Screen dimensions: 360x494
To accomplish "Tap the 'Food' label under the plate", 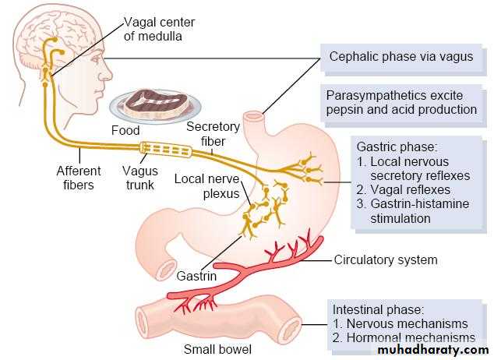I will (x=125, y=130).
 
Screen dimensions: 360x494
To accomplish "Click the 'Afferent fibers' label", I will (x=79, y=176).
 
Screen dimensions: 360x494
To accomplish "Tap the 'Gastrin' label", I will (x=196, y=276).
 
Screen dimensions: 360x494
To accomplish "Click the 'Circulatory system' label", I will (x=386, y=260).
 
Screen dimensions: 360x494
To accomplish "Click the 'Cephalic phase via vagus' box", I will (x=400, y=56).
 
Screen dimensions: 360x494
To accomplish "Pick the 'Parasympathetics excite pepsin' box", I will (x=401, y=102).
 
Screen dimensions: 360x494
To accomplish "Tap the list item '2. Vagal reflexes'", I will (x=403, y=189).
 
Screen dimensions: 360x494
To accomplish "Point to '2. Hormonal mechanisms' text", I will (x=404, y=337).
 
